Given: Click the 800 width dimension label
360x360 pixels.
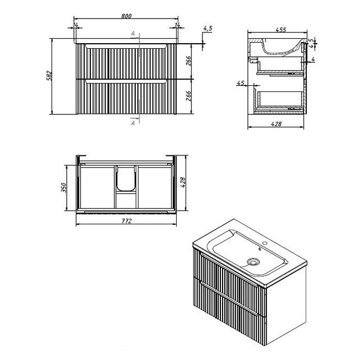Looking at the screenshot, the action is [x=126, y=16].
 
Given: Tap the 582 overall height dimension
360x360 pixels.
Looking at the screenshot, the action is [x=49, y=76].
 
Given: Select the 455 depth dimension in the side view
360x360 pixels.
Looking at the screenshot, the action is [x=281, y=30].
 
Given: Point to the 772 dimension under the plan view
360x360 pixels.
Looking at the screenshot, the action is [x=127, y=221].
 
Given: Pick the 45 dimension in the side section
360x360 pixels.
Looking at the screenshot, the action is [x=241, y=83].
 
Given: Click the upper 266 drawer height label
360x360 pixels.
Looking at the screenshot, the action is [x=188, y=61].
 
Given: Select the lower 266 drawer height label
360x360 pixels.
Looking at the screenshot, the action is [x=188, y=96].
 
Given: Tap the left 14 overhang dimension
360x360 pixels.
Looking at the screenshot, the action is [x=75, y=25].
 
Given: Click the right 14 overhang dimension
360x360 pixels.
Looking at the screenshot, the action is [x=177, y=25].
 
